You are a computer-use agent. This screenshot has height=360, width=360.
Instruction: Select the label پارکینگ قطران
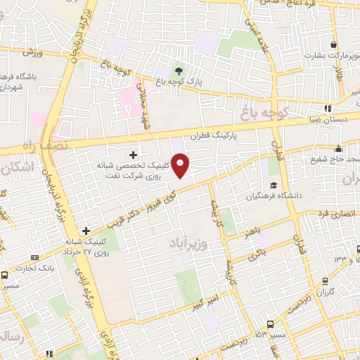(215, 133)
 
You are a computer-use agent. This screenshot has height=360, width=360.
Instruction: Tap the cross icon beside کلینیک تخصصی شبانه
(133, 153)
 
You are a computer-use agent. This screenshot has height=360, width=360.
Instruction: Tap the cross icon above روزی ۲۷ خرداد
(86, 230)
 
